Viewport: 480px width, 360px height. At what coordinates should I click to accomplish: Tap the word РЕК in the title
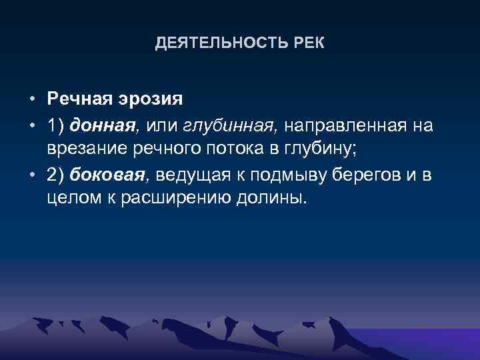[x=310, y=44]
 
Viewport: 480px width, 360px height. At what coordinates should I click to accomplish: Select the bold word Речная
[x=80, y=99]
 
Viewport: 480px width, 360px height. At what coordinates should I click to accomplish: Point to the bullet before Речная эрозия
[x=32, y=100]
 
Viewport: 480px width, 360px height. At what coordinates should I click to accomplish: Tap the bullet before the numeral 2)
[x=32, y=175]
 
